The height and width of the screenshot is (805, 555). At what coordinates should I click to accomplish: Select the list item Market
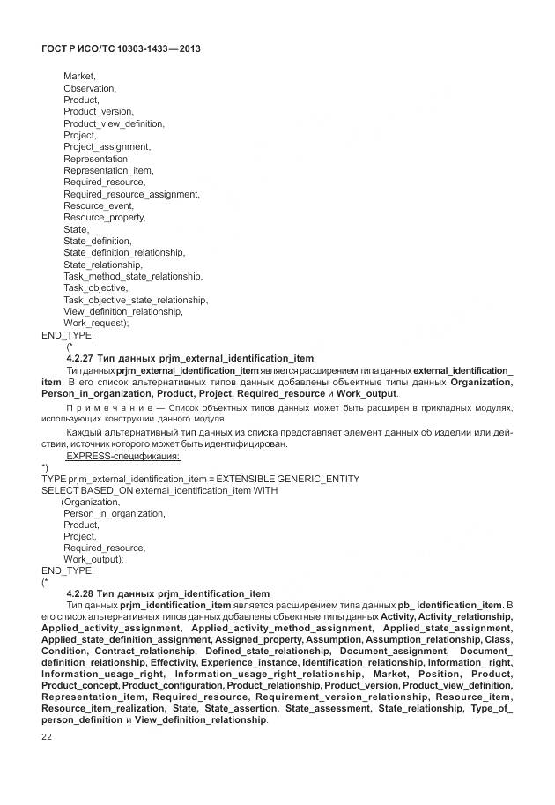point(79,77)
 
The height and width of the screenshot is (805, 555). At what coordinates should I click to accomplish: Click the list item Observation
point(89,88)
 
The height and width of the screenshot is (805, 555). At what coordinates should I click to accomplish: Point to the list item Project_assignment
point(107,146)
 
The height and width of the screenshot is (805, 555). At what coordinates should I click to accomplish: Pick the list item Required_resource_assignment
point(131,194)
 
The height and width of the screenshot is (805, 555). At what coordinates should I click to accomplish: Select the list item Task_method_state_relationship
point(133,276)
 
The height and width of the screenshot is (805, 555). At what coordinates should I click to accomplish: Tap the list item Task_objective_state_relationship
point(136,300)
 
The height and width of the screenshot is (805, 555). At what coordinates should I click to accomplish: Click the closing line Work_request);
point(96,323)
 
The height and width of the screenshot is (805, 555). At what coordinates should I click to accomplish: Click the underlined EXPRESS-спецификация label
point(123,456)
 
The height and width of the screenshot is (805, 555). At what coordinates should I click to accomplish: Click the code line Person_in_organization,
point(114,513)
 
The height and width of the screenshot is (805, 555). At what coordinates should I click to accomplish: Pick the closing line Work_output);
point(93,559)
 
